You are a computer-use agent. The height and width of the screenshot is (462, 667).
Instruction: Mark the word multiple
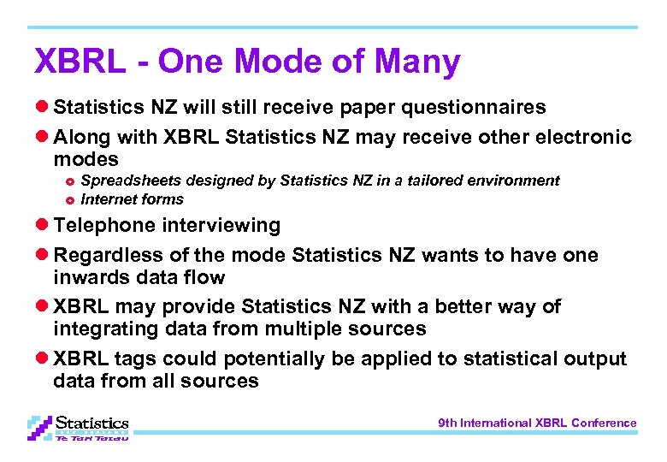click(x=281, y=329)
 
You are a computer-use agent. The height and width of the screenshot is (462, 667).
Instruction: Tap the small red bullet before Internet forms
click(x=70, y=200)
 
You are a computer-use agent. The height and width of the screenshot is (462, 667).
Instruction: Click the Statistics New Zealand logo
click(x=78, y=426)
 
